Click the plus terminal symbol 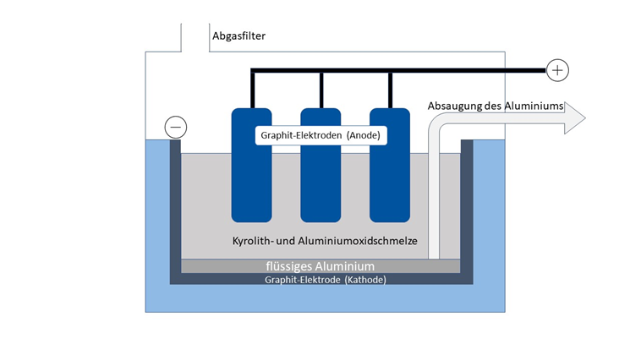(x=557, y=70)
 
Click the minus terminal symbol (x=176, y=127)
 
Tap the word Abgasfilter (x=238, y=36)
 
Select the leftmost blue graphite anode (x=251, y=165)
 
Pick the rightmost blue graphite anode (x=390, y=165)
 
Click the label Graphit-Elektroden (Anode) (x=320, y=135)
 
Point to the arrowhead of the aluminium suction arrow (x=575, y=118)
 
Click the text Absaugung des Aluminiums (x=496, y=106)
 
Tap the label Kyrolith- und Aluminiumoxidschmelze (x=325, y=241)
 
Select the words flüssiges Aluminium (x=320, y=266)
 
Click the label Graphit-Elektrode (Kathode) (x=326, y=280)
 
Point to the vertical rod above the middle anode (x=321, y=90)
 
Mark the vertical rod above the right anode (x=391, y=90)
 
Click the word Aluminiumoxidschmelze (x=358, y=241)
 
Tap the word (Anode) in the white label (x=364, y=135)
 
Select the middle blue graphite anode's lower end (x=320, y=219)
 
